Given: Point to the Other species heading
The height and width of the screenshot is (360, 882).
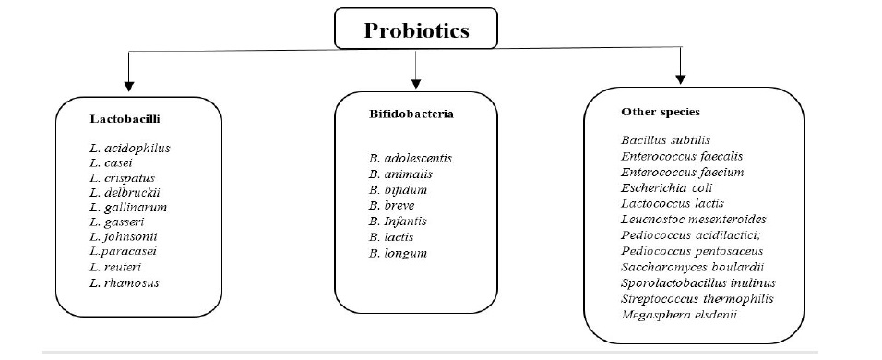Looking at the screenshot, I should [x=661, y=111].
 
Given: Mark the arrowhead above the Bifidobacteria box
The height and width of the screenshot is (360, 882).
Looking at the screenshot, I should [x=417, y=81].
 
